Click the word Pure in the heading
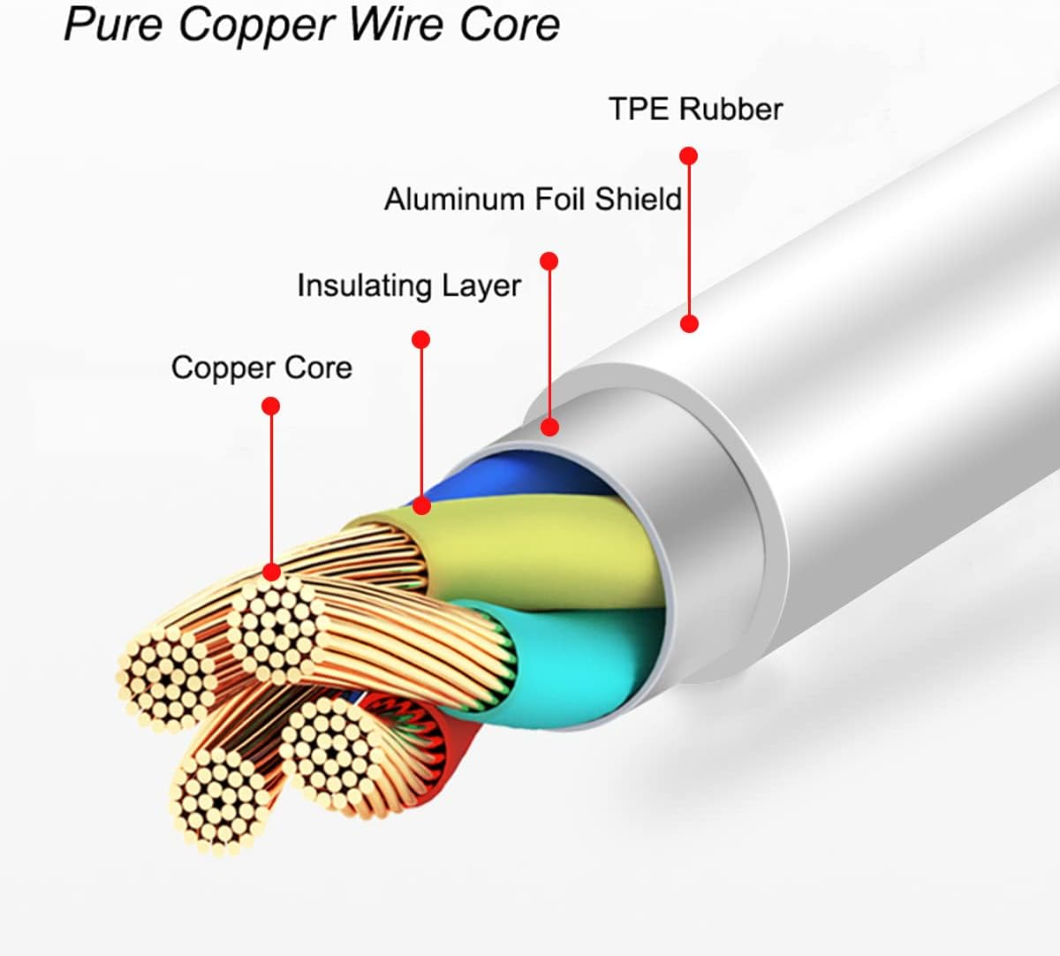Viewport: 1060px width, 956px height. (113, 24)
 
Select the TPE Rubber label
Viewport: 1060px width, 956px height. (695, 109)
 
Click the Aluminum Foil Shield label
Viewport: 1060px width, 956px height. (533, 199)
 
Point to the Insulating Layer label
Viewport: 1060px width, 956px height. (408, 285)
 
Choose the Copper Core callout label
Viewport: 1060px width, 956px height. (261, 368)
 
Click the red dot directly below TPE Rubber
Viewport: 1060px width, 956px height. (689, 156)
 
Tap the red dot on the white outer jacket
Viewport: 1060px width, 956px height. (690, 323)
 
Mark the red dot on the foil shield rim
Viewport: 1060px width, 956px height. (550, 427)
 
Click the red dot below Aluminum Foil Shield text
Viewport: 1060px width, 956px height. (549, 262)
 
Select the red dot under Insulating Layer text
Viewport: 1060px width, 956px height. (421, 339)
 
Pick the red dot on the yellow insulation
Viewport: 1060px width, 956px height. (422, 505)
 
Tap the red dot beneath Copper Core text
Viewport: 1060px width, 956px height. (271, 406)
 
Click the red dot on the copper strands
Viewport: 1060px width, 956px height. (272, 572)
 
